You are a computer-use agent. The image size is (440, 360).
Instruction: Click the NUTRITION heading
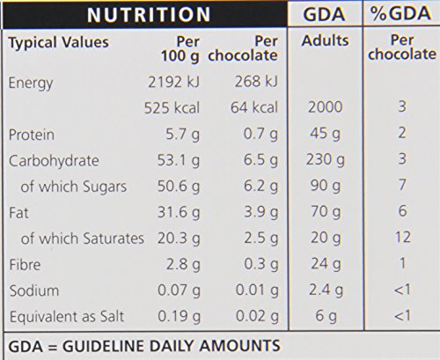point(149,14)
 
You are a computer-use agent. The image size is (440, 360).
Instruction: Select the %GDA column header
point(400,13)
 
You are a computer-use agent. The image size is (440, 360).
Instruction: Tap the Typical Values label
point(59,43)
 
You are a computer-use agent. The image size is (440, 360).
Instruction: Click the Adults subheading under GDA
point(326,40)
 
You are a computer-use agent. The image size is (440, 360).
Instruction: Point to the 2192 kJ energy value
point(173,82)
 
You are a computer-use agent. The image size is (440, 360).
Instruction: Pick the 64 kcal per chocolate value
point(253,107)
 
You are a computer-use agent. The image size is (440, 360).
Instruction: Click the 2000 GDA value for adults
point(325,107)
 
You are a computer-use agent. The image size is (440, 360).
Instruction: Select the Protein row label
point(32,135)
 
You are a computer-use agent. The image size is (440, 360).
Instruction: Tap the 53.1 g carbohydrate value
point(179,161)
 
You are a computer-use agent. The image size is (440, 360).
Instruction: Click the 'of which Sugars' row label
point(74,187)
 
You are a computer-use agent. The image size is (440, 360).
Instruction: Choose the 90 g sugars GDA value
point(326,186)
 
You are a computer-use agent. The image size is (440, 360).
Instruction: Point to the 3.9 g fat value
point(260,212)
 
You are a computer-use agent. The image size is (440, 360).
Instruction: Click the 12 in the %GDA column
point(402,237)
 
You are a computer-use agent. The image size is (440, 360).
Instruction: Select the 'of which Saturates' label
point(83,239)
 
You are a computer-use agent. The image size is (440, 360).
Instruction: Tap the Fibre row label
point(25,265)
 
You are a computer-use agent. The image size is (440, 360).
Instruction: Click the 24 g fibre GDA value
point(326,264)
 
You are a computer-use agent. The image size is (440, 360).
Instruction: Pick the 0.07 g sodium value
point(179,290)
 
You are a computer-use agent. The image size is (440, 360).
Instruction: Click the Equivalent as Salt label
point(67,317)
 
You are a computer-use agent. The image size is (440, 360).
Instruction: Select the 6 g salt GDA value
point(326,316)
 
